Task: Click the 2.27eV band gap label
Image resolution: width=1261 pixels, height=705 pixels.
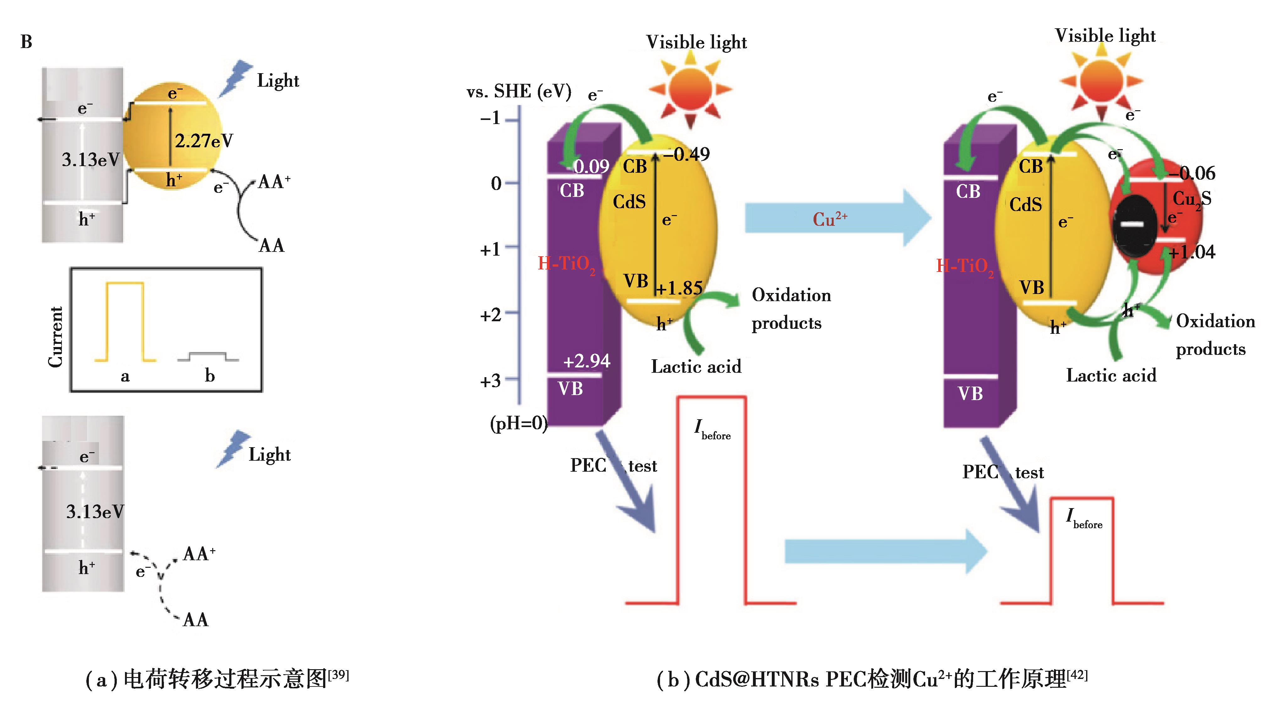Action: (204, 141)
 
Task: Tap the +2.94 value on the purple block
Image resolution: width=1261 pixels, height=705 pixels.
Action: (587, 361)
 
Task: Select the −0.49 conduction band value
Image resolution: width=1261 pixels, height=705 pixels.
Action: (686, 154)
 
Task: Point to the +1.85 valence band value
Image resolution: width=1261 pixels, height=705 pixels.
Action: (679, 288)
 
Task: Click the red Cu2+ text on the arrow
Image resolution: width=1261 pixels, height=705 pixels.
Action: (830, 219)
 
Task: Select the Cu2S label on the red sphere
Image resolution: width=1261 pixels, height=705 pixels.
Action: (1191, 199)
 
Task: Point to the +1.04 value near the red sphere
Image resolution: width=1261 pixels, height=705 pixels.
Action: (1192, 252)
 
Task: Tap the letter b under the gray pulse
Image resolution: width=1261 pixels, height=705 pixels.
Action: (209, 376)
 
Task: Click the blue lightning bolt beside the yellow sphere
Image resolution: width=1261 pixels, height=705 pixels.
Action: (235, 78)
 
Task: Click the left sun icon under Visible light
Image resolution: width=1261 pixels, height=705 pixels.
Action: (690, 89)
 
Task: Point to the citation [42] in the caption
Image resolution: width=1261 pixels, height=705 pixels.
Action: (1078, 675)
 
